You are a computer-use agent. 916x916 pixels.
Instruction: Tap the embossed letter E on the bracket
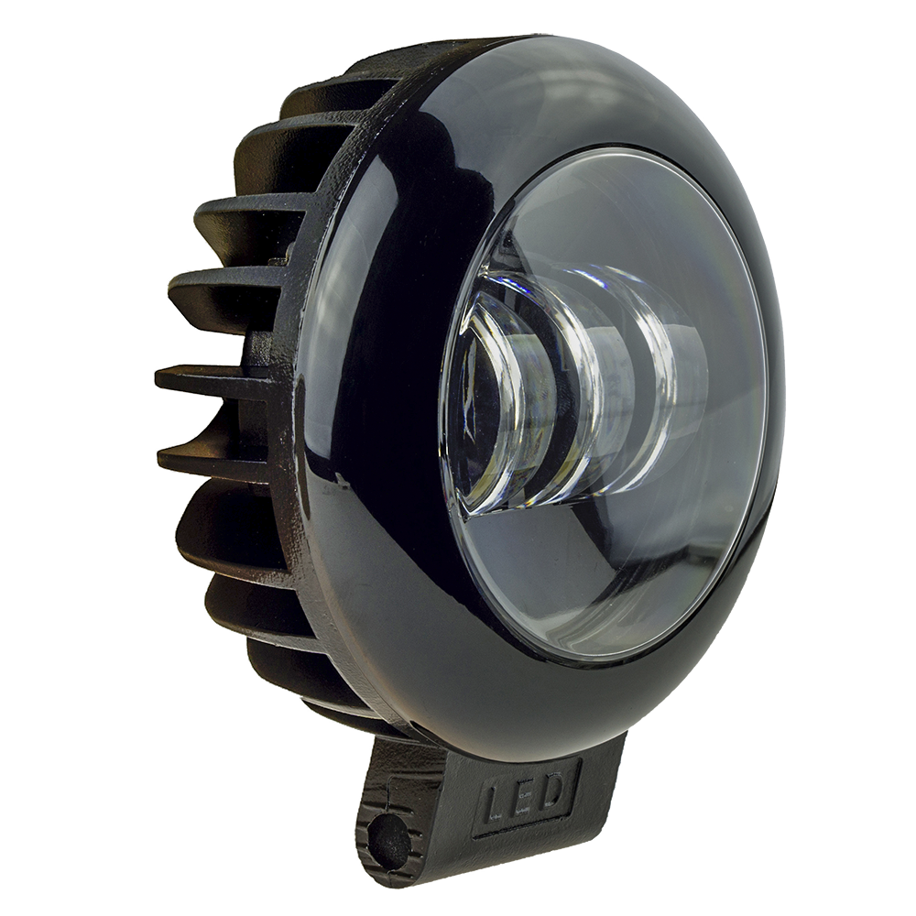coord(524,793)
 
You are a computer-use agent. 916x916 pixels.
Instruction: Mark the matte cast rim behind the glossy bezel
coord(293,550)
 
